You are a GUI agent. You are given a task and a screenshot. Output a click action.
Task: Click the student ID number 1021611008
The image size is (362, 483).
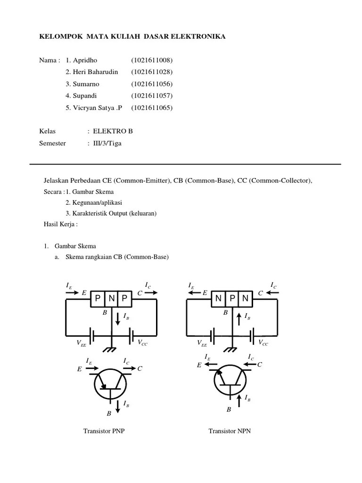[152, 60]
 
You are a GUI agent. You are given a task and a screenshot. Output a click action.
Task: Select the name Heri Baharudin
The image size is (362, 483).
[92, 72]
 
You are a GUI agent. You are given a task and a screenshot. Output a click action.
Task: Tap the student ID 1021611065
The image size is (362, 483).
[152, 108]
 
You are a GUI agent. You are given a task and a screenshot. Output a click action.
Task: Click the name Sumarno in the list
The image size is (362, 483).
[82, 84]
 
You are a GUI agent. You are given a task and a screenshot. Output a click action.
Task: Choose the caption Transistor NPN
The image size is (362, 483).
[230, 431]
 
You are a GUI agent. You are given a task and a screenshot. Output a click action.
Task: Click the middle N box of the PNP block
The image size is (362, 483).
[111, 298]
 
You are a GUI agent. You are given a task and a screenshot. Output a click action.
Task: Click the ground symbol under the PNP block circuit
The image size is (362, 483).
[111, 350]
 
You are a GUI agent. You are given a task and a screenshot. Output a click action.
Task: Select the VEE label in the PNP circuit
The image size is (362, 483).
[81, 344]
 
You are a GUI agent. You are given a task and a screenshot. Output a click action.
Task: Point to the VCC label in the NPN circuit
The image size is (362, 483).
[263, 343]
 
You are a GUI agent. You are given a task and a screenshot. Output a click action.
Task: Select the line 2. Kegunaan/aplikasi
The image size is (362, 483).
[94, 202]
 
